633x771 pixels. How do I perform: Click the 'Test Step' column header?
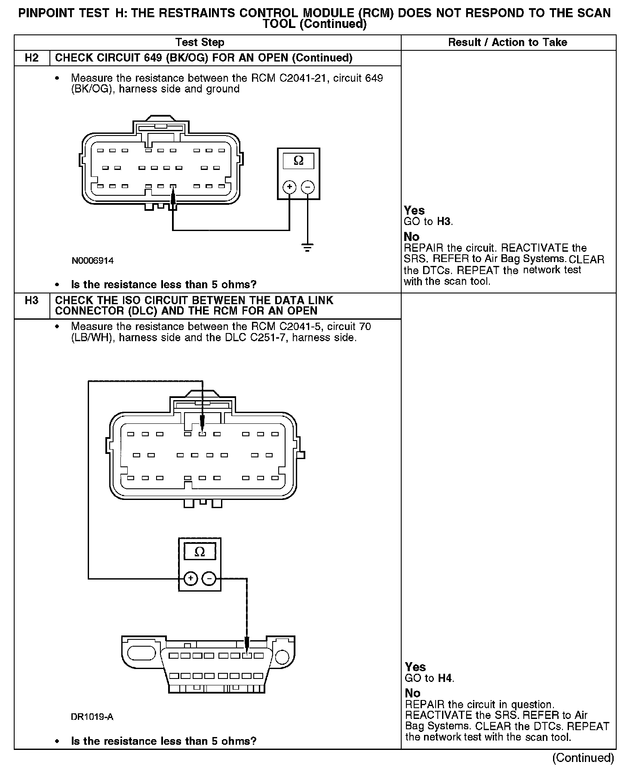200,42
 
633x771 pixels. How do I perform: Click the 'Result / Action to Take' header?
507,42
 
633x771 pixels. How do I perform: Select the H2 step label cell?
32,58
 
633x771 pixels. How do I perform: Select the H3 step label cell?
32,300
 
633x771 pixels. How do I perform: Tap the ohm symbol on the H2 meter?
298,161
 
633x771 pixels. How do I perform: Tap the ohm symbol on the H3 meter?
200,552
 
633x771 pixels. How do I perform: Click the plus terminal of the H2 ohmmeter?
289,187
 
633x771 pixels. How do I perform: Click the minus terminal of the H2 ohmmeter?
307,187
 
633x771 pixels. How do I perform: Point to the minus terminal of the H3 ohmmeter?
209,579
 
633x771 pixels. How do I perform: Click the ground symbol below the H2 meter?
307,248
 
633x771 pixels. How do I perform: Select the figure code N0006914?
92,261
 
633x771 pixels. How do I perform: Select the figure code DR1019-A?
92,717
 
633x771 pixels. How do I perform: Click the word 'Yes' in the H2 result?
414,210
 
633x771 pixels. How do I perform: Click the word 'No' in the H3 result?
412,693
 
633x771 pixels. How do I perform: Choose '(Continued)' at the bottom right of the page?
583,757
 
